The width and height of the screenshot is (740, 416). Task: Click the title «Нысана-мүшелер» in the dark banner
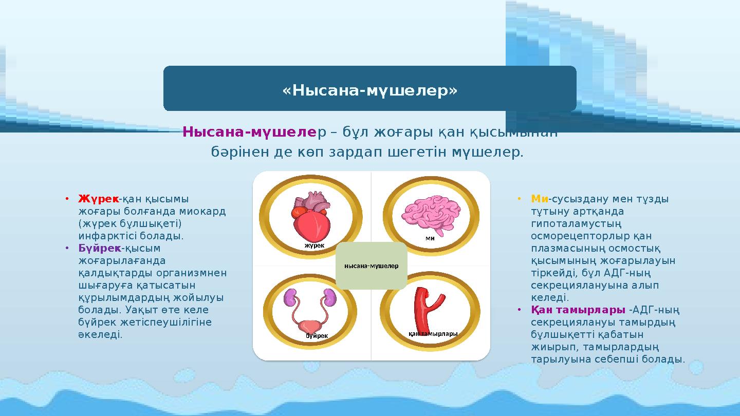[369, 91]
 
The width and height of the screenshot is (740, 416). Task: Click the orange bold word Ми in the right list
[540, 199]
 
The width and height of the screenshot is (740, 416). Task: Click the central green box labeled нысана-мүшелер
[371, 266]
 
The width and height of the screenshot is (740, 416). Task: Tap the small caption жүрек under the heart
[314, 245]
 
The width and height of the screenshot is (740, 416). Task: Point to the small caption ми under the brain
[430, 238]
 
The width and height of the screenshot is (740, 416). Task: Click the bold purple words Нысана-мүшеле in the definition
[250, 133]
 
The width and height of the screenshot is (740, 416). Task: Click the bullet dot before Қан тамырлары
[520, 310]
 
